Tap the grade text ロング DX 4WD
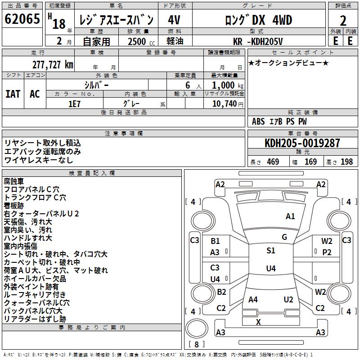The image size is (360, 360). (258, 20)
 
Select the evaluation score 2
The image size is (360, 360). (343, 21)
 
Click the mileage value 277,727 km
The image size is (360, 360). (53, 64)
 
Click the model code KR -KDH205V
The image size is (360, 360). (258, 41)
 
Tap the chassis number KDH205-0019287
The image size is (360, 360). (302, 144)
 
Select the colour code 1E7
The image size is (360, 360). (74, 103)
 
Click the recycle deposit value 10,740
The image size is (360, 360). (224, 103)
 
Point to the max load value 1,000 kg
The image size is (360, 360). (224, 85)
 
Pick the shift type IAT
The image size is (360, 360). (13, 94)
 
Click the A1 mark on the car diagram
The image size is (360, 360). (290, 216)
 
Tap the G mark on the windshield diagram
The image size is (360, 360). (284, 237)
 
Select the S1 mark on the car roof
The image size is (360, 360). (270, 251)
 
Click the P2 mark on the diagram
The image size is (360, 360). (327, 252)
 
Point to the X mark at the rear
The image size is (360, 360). (258, 322)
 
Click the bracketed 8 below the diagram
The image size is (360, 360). (197, 344)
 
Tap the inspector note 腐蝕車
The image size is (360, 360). (14, 181)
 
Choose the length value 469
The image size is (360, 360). (273, 162)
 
